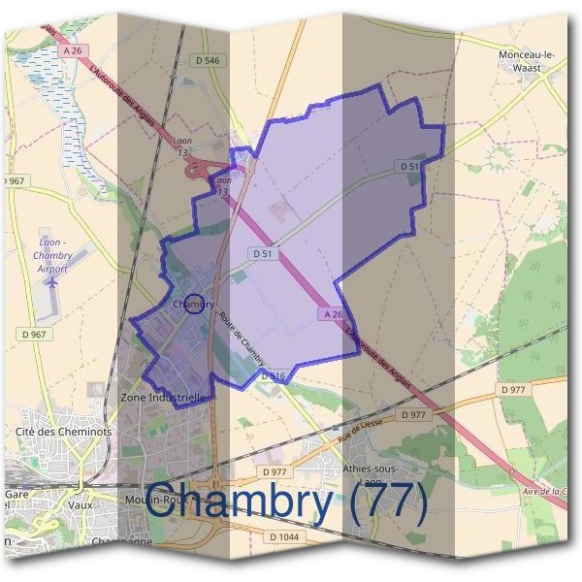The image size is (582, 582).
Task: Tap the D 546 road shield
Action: tap(209, 60)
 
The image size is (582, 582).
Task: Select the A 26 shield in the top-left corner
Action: tap(69, 49)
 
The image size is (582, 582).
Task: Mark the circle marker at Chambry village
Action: tap(194, 305)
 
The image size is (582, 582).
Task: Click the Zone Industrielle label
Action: tap(162, 398)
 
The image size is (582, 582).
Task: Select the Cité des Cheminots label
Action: tap(64, 431)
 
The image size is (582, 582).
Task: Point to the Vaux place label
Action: tap(81, 504)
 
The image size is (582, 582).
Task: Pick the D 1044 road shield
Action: tap(284, 536)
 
